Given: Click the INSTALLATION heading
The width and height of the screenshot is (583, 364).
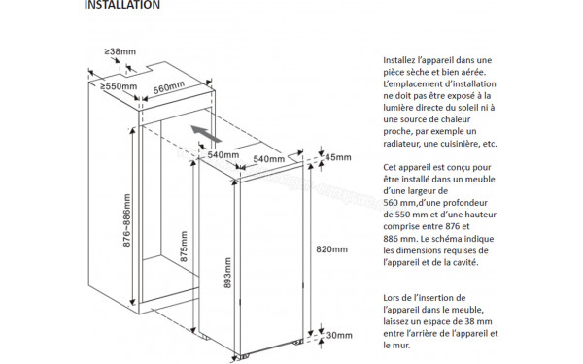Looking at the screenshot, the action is point(122,5).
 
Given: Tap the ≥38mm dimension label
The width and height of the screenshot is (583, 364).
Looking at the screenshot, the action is point(120,51).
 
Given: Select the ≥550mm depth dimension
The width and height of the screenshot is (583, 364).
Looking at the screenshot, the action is point(119,86).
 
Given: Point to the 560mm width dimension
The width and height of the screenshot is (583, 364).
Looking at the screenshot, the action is point(169,87).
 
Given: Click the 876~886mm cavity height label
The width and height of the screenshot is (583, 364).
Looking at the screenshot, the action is point(126,220).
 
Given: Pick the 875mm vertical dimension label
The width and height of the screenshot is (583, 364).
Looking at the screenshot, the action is point(184,247).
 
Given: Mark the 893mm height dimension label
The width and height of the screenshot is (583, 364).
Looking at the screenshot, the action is point(227,273).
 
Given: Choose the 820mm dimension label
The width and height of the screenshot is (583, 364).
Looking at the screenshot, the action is point(331,249).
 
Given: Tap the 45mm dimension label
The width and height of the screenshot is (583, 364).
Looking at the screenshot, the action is point(338,157).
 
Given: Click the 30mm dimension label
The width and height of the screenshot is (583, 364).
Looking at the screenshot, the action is point(339,336).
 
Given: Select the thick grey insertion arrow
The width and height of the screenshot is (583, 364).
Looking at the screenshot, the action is point(206,134).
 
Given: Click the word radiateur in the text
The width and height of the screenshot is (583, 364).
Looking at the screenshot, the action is point(400,144).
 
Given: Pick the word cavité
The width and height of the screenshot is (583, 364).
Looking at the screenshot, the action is point(465,262).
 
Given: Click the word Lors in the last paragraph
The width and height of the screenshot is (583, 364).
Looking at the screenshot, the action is point(392,298).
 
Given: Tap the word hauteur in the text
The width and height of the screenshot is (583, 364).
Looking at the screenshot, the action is point(481,215).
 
